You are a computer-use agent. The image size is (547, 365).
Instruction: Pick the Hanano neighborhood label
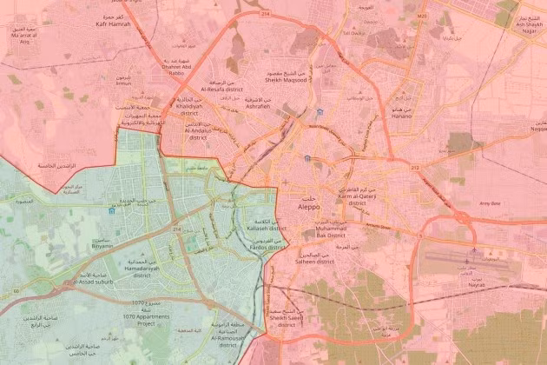[x=401, y=114]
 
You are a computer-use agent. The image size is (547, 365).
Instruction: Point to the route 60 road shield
[x=16, y=289]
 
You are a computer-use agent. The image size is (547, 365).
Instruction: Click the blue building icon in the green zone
[x=109, y=209]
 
